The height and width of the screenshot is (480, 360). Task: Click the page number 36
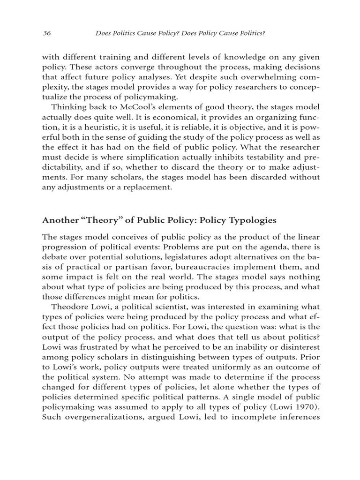[46, 33]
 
